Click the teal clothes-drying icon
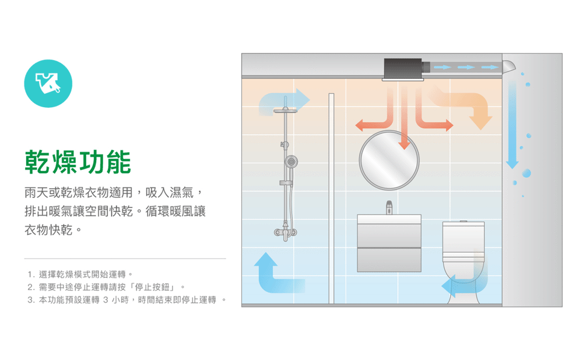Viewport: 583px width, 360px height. pos(48,84)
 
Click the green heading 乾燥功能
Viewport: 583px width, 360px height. pos(77,161)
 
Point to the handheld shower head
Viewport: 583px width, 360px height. pos(290,160)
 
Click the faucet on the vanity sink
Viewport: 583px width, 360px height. pos(389,207)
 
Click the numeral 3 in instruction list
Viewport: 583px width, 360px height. pos(30,300)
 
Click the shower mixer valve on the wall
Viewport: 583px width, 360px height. pos(286,232)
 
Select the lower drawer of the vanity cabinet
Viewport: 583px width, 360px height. pos(389,259)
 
